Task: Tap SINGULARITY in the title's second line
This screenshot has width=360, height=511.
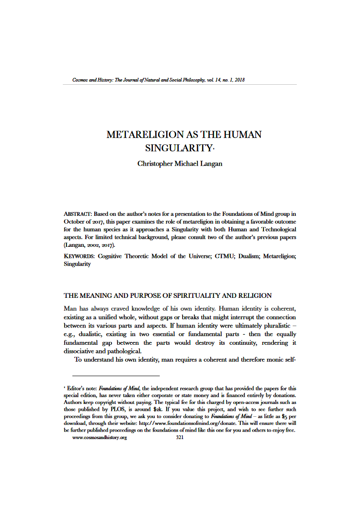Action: (178, 148)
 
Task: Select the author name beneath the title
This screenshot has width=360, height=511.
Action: (180, 164)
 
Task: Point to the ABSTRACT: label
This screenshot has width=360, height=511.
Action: (78, 214)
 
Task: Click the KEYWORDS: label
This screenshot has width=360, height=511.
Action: (80, 256)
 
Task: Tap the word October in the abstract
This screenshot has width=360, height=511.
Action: (74, 221)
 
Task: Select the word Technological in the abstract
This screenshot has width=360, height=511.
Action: (278, 229)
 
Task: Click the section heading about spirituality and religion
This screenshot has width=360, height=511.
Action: (167, 296)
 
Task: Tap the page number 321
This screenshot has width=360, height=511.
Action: (180, 437)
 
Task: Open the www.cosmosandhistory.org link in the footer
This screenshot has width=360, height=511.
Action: (99, 437)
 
